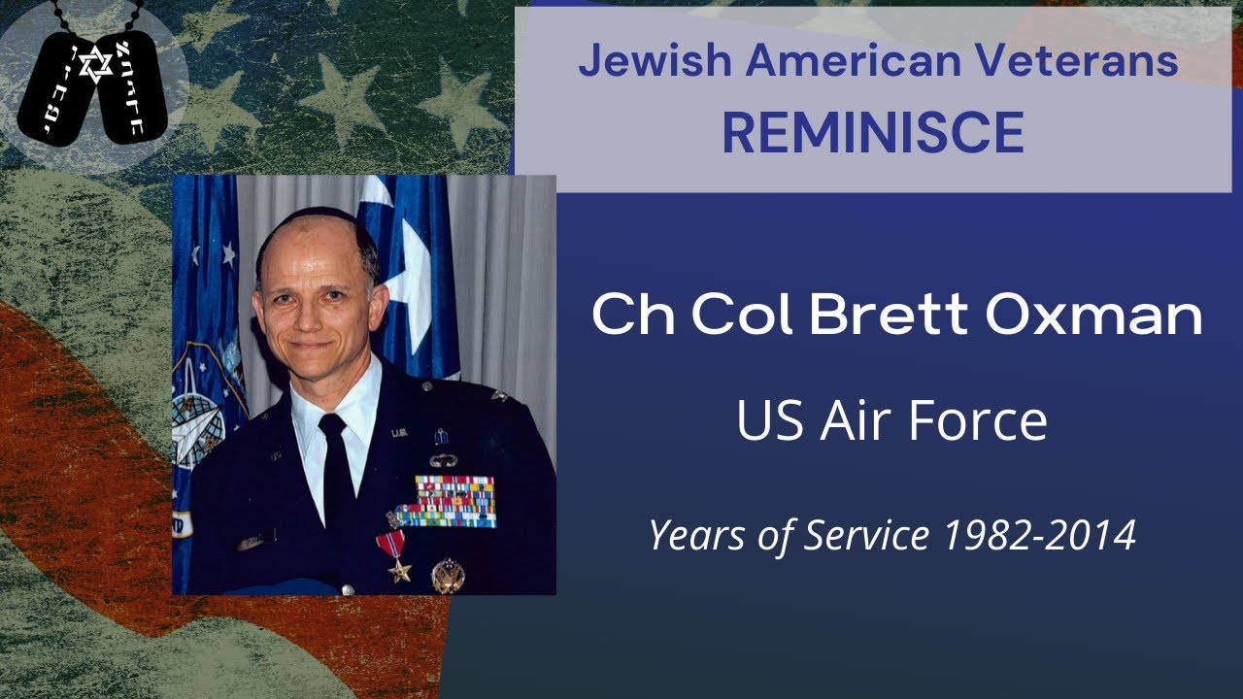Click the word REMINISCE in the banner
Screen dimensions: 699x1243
pos(872,134)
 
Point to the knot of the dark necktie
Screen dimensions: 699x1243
pos(332,427)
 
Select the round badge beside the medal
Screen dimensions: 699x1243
pos(448,575)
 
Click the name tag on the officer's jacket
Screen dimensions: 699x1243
pos(254,540)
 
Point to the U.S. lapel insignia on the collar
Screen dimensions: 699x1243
pos(399,434)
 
